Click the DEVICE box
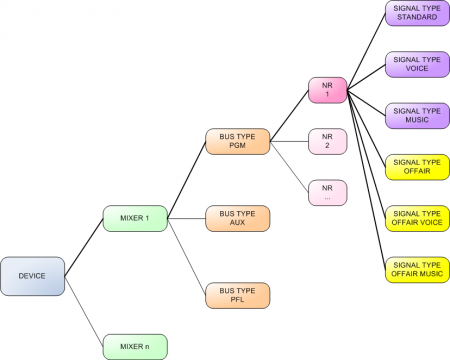tap(33, 276)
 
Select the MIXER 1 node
tap(135, 218)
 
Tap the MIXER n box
tap(135, 347)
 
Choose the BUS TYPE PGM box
tap(237, 141)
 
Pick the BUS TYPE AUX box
tap(237, 218)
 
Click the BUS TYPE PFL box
tap(237, 295)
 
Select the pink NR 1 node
tap(326, 89)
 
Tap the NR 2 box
tap(326, 141)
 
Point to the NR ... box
tap(326, 192)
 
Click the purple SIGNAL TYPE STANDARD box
tap(416, 13)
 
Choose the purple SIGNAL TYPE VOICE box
tap(416, 64)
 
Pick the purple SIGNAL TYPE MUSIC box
tap(416, 115)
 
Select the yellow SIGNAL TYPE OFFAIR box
tap(416, 166)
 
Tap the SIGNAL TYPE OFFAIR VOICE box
tap(416, 218)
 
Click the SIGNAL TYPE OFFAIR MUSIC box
tap(416, 269)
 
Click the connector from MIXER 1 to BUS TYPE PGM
tap(186, 180)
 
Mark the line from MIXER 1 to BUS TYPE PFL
tap(186, 256)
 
